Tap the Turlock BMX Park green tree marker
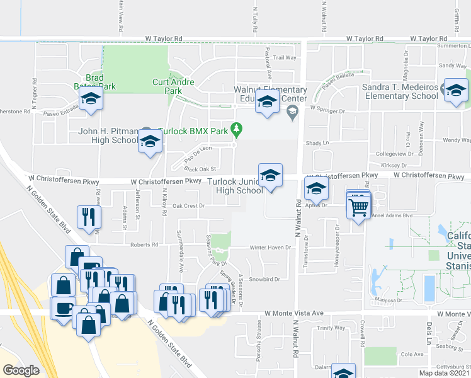pos(237,129)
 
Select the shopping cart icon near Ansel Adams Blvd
pos(358,206)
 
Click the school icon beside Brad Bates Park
pos(91,98)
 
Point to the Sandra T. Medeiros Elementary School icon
pos(455,89)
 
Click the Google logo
pos(21,370)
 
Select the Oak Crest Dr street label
pos(189,205)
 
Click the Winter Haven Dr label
pos(271,247)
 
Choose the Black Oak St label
pos(200,169)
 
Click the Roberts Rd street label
pos(144,244)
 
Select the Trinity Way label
pos(331,328)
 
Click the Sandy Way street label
pos(452,65)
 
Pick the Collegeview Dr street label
pos(392,153)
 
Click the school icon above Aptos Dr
pos(316,188)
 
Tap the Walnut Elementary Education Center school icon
pos(267,101)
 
